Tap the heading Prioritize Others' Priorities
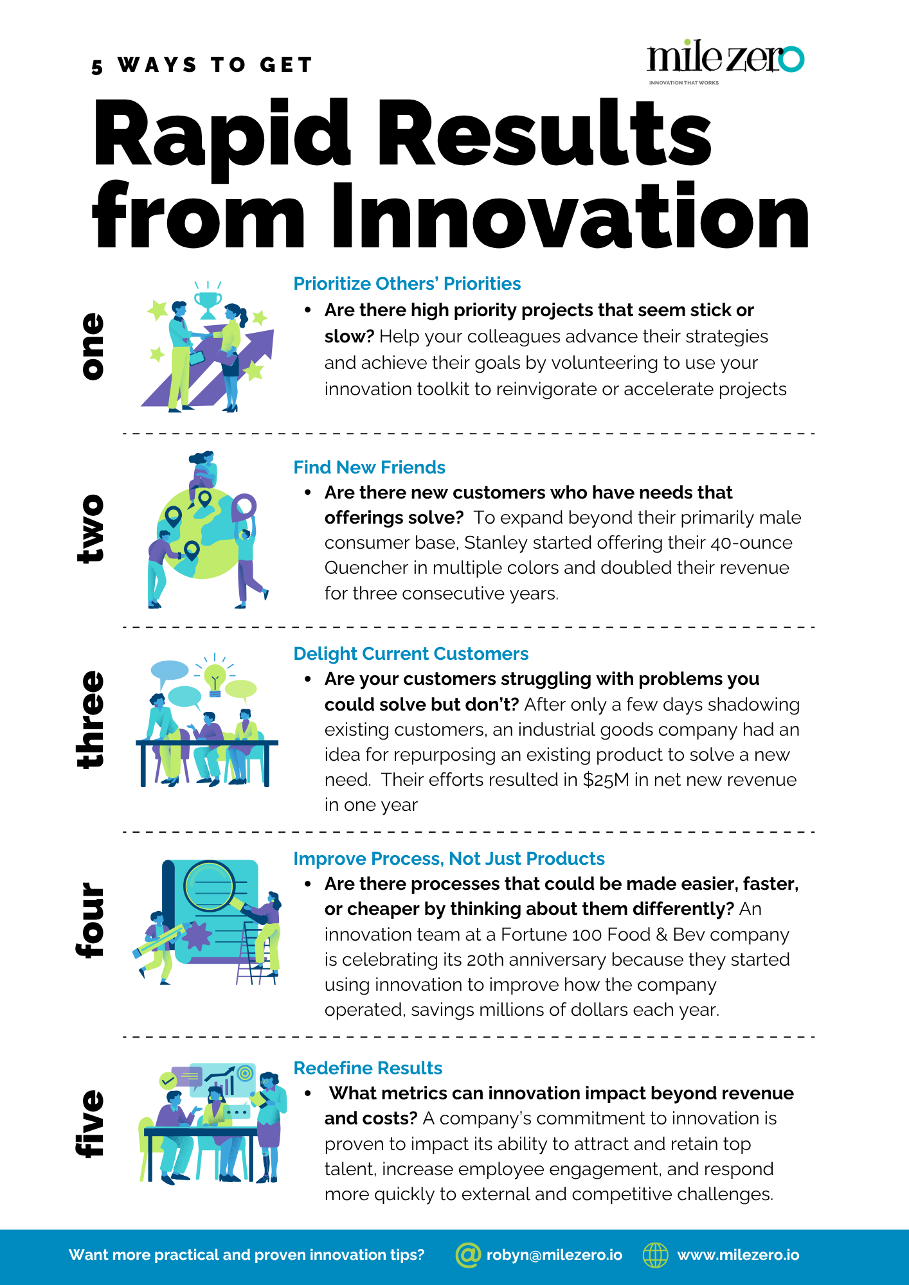pyautogui.click(x=407, y=284)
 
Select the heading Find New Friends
pyautogui.click(x=369, y=467)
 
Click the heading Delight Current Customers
pyautogui.click(x=411, y=653)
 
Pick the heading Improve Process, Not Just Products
pyautogui.click(x=449, y=858)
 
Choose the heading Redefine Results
pyautogui.click(x=368, y=1068)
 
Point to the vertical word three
pyautogui.click(x=90, y=720)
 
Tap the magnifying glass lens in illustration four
pyautogui.click(x=209, y=886)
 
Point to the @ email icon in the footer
pyautogui.click(x=468, y=1255)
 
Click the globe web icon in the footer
pyautogui.click(x=656, y=1255)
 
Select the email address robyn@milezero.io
pyautogui.click(x=554, y=1255)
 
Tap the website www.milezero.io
pyautogui.click(x=738, y=1255)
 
